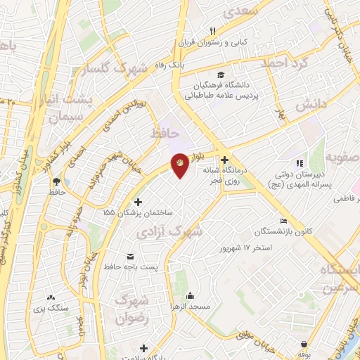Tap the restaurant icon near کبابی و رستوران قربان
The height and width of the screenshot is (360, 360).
(212, 30)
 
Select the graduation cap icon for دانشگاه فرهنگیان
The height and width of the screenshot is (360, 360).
(221, 75)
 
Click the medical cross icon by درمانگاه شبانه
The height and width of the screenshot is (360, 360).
(225, 160)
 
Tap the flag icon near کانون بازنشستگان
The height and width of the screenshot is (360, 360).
(283, 220)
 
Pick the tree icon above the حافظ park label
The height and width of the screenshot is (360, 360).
(55, 181)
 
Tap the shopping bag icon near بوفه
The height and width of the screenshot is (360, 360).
(303, 345)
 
